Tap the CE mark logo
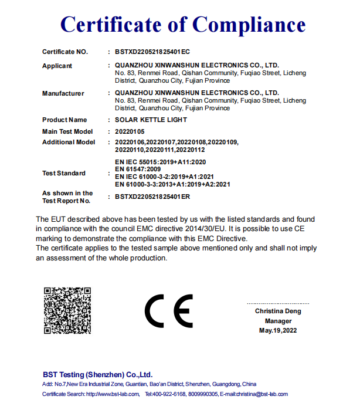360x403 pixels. point(169,311)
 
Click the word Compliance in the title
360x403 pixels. point(249,24)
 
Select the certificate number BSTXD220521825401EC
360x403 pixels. point(152,52)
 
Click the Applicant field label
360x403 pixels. point(57,66)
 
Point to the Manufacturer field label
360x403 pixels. point(63,93)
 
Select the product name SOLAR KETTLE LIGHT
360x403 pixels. point(151,120)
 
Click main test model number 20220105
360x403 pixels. point(130,131)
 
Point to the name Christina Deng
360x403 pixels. point(278,311)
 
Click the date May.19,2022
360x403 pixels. point(278,331)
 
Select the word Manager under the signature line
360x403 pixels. point(278,321)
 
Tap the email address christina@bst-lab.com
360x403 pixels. point(262,394)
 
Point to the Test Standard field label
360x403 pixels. point(64,173)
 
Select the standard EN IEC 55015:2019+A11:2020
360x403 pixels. point(161,161)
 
